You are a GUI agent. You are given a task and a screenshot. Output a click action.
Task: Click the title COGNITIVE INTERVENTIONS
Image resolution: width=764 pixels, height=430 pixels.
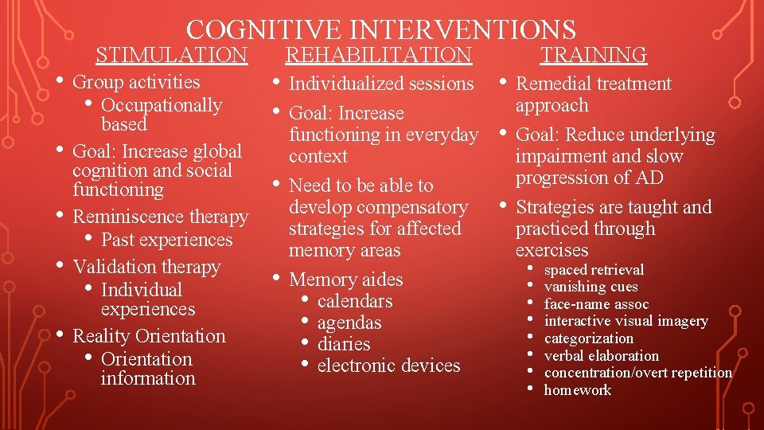click(381, 29)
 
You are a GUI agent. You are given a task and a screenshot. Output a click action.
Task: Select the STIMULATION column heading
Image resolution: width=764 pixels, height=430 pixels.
click(171, 55)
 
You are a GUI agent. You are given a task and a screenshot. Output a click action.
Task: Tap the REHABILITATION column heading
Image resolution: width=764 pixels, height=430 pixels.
click(378, 55)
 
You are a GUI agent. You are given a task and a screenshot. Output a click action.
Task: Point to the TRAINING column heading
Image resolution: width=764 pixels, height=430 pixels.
click(594, 55)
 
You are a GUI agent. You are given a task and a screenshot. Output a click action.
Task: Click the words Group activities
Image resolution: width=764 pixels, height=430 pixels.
click(136, 82)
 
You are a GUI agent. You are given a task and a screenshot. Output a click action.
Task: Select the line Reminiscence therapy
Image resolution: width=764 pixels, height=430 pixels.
click(160, 217)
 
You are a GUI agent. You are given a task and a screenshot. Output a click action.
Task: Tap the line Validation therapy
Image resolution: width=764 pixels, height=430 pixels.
click(146, 267)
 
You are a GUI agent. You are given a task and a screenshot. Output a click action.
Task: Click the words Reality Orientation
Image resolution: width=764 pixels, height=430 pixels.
click(149, 336)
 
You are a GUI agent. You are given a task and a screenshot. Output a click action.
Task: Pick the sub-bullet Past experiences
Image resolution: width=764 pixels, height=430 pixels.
click(167, 240)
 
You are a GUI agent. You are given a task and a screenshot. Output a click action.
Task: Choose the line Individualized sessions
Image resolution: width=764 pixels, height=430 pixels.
click(381, 84)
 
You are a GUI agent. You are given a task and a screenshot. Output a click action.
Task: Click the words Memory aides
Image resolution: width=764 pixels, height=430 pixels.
click(345, 279)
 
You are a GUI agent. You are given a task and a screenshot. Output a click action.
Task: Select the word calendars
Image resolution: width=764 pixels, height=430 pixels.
click(355, 301)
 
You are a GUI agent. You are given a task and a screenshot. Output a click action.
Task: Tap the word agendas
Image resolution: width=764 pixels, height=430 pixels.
click(349, 322)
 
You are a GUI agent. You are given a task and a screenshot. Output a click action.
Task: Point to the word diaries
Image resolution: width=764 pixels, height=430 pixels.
click(344, 344)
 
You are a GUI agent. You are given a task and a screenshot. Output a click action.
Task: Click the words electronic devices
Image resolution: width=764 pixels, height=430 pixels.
click(388, 365)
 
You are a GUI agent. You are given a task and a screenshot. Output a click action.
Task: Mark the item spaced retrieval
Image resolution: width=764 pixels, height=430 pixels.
click(594, 270)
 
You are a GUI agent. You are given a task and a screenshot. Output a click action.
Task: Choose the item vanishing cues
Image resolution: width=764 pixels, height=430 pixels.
click(591, 287)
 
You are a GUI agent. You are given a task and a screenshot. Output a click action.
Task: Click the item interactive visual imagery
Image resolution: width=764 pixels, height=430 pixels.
click(626, 321)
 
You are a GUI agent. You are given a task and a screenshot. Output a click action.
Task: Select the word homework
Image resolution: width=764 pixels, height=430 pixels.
click(577, 389)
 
